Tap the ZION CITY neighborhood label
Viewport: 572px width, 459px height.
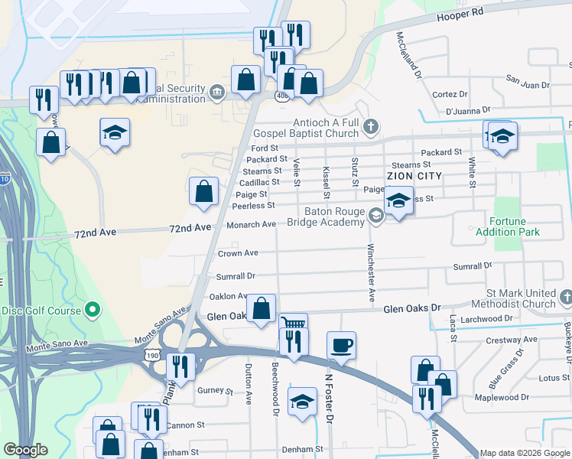(x=415, y=176)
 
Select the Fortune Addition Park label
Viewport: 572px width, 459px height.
(x=508, y=226)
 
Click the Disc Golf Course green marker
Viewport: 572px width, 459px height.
(x=93, y=310)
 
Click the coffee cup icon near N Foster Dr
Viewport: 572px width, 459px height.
(x=341, y=345)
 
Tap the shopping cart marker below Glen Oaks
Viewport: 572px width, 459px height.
(x=292, y=324)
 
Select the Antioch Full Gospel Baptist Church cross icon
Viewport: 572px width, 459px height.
(x=371, y=125)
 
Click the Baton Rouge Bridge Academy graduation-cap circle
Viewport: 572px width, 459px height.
(x=375, y=216)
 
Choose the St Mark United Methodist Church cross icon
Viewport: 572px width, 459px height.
(x=565, y=297)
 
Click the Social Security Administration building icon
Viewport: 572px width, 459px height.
(x=216, y=93)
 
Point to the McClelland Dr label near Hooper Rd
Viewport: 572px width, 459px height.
(x=408, y=54)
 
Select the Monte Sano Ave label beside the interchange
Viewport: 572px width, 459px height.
(x=161, y=326)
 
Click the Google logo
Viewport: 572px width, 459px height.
(x=26, y=451)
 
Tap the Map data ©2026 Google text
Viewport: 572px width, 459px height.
(x=525, y=453)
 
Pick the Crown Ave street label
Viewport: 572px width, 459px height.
(x=238, y=253)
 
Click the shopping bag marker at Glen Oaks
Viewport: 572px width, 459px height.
(x=262, y=309)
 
